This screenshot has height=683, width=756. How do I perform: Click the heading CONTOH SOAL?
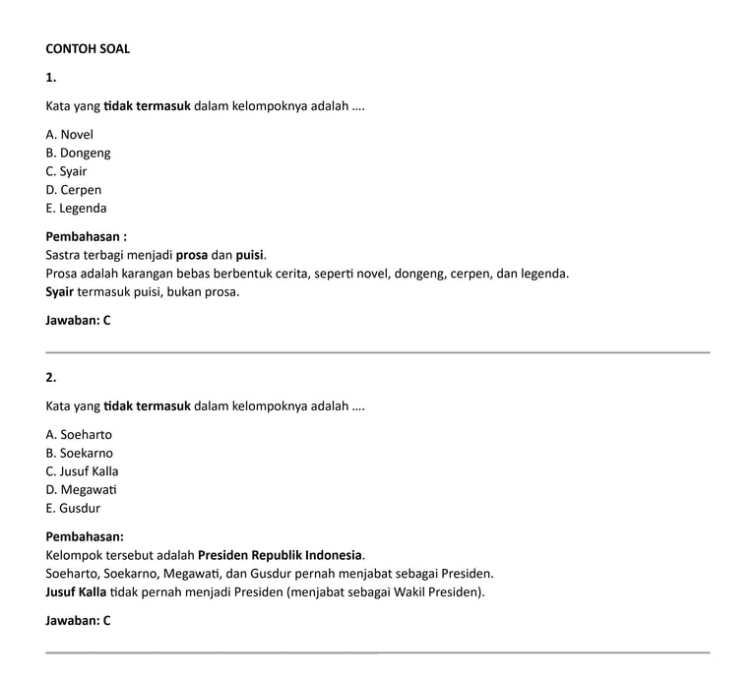point(88,48)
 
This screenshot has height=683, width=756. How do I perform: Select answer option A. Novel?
point(69,134)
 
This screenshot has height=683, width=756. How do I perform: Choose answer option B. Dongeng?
point(78,153)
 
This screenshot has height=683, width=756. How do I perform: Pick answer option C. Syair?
point(66,171)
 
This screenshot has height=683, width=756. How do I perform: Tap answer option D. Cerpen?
point(73,190)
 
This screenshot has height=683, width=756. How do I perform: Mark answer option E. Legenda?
point(76,209)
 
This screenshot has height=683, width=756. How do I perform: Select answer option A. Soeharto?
point(79,435)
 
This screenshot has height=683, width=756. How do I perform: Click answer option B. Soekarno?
point(79,454)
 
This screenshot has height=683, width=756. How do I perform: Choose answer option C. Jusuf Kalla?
point(82,471)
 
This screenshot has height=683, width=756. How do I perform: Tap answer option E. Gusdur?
point(73,509)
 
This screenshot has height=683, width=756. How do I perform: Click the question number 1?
point(51,77)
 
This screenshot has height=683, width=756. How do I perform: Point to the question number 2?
point(51,377)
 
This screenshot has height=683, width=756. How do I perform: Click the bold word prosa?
point(191,255)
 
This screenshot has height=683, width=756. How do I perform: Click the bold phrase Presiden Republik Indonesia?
point(281,555)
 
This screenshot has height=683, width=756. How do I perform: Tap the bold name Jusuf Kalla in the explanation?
point(76,592)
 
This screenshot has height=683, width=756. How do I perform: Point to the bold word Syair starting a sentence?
point(60,292)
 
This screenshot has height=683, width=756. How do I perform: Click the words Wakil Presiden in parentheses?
point(438,592)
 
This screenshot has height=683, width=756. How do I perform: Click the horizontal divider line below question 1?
point(377,351)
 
